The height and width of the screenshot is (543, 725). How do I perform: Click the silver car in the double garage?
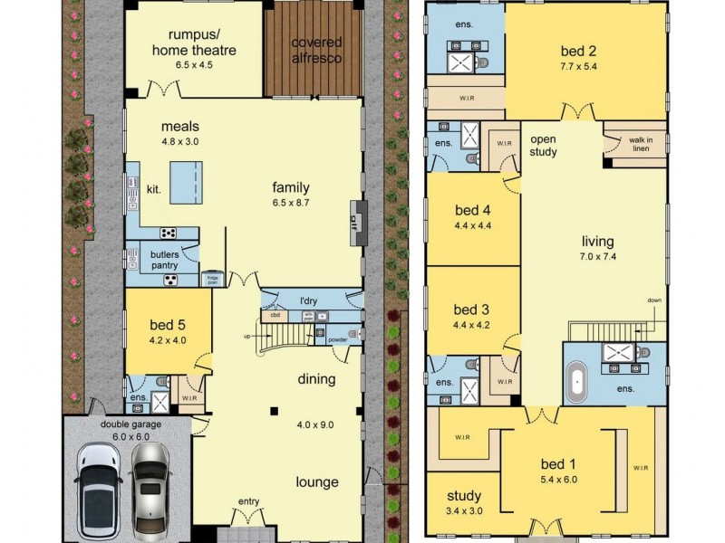(149, 487)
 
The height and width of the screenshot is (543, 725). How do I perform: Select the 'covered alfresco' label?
(316, 49)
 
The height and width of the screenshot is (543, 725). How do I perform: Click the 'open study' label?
(543, 145)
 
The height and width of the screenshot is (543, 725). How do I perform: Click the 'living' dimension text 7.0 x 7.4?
(597, 257)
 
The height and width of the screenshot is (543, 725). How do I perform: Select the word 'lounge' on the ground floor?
(315, 482)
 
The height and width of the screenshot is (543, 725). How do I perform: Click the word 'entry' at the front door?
(248, 500)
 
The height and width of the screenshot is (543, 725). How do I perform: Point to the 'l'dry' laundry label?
(312, 300)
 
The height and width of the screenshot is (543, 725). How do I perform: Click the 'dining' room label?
(315, 380)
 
